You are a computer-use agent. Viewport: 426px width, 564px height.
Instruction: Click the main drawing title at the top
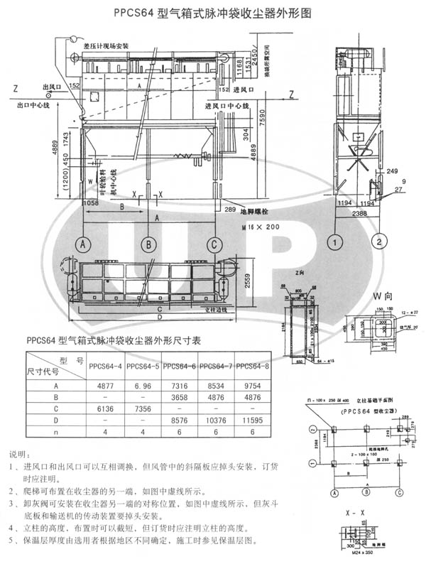point(213,13)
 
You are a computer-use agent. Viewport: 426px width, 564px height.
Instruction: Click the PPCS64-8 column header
point(252,366)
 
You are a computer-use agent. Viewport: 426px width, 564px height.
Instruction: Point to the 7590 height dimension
point(263,117)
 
